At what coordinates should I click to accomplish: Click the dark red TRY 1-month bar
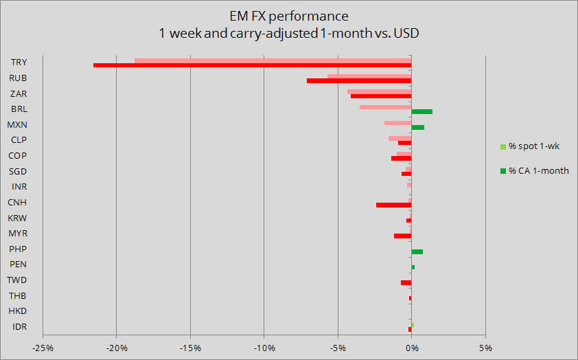tap(252, 65)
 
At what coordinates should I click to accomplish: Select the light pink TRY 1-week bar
tap(273, 60)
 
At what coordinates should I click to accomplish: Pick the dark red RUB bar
tap(359, 81)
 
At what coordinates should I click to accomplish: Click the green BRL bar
tap(421, 111)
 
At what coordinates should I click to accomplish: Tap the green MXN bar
tap(417, 127)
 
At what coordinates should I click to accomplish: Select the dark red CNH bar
tap(393, 205)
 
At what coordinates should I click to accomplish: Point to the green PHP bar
tap(417, 251)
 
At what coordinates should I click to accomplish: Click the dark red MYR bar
tap(402, 236)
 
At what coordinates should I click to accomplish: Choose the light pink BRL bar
tap(385, 107)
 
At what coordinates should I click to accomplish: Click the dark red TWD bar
tap(406, 282)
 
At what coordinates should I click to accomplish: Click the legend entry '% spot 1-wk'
tap(534, 146)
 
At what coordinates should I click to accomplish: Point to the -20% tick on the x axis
tap(117, 348)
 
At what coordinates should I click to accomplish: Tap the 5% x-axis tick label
tap(485, 348)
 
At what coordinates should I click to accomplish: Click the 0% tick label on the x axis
tap(411, 348)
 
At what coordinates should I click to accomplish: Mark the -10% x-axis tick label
tap(264, 348)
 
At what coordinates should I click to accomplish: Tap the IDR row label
tap(19, 326)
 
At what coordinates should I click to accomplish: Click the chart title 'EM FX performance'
tap(289, 16)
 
